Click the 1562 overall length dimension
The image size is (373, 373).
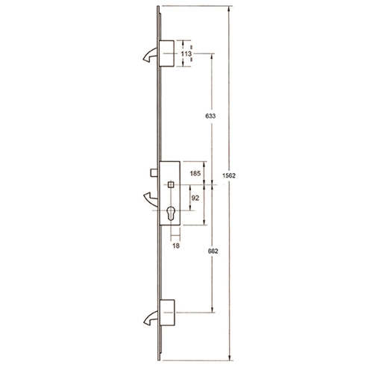click(x=229, y=175)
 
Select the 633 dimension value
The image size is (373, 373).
click(x=210, y=116)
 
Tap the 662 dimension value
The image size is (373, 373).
click(x=213, y=251)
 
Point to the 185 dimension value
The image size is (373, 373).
click(x=195, y=173)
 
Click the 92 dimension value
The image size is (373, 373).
click(x=195, y=198)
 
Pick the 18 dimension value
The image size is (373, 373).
click(x=176, y=245)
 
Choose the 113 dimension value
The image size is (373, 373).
click(x=186, y=54)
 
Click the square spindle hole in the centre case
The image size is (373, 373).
click(x=171, y=185)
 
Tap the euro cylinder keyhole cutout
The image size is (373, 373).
click(x=171, y=213)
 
